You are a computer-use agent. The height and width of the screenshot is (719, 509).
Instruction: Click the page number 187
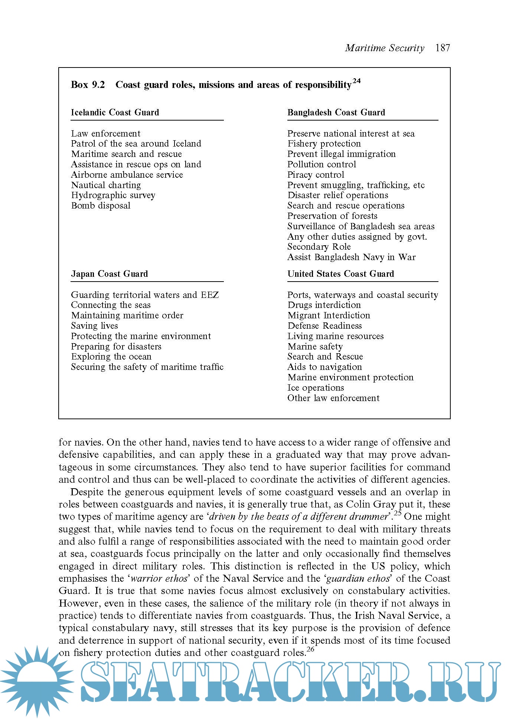click(x=443, y=48)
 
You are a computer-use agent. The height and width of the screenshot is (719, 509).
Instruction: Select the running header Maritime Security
click(x=384, y=48)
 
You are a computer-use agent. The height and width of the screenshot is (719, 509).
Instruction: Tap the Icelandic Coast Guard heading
click(x=115, y=112)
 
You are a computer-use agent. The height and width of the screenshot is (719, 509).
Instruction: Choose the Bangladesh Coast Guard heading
click(x=336, y=112)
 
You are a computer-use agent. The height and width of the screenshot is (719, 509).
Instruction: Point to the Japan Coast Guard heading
click(x=109, y=274)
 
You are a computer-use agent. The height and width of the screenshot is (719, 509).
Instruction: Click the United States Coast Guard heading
click(x=340, y=274)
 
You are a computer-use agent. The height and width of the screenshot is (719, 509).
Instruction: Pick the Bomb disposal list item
click(x=101, y=206)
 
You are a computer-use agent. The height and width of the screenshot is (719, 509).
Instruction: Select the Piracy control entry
click(x=316, y=175)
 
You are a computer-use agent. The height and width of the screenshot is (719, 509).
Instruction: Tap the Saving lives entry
click(x=94, y=326)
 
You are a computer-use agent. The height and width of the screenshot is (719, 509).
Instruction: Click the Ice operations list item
click(x=316, y=388)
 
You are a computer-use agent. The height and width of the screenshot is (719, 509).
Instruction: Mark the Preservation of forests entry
click(x=332, y=216)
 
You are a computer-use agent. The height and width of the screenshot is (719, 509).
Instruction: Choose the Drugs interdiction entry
click(x=324, y=305)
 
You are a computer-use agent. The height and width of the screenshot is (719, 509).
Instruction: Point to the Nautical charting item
click(x=106, y=185)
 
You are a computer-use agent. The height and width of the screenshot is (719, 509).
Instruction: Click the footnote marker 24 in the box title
click(x=356, y=81)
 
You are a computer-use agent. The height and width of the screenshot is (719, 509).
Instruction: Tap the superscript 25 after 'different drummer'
click(x=397, y=514)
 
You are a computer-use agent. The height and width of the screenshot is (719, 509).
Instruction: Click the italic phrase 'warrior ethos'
click(x=159, y=579)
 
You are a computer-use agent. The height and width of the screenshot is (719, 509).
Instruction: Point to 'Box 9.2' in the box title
click(x=88, y=85)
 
